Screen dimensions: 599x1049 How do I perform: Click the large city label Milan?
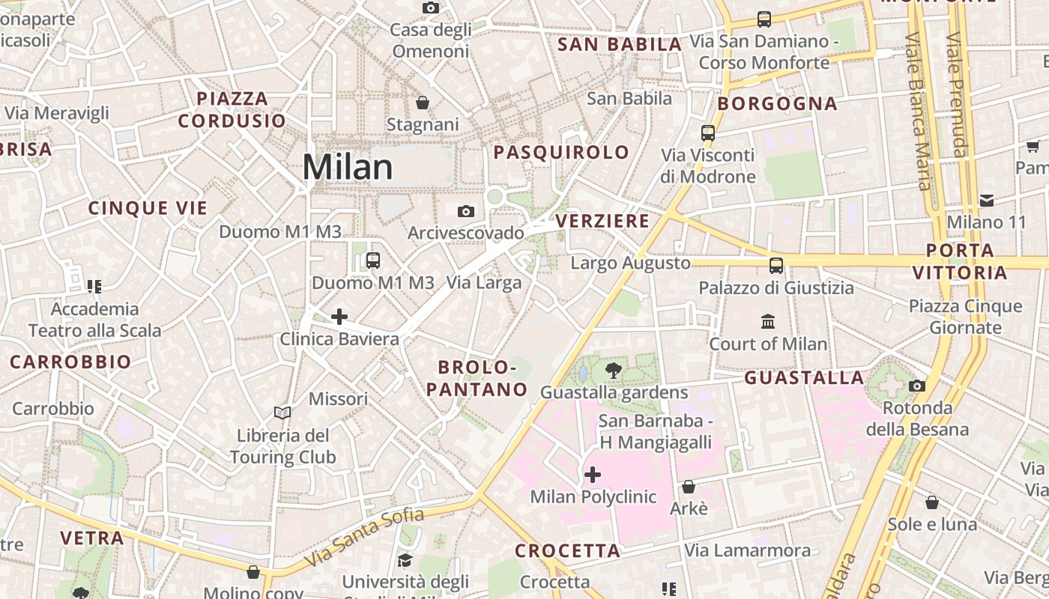click(x=348, y=167)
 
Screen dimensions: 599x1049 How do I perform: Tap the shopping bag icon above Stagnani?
click(x=423, y=103)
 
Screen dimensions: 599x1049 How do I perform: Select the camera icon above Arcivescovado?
click(x=466, y=211)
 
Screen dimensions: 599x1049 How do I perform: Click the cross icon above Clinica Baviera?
click(x=339, y=317)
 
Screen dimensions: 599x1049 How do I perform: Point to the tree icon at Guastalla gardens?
click(x=614, y=370)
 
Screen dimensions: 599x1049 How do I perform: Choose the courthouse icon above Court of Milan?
click(x=768, y=322)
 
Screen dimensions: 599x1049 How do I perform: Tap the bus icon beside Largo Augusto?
click(x=776, y=265)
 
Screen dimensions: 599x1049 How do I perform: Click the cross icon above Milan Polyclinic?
click(x=593, y=475)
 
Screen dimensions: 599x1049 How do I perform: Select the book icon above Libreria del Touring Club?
click(x=282, y=413)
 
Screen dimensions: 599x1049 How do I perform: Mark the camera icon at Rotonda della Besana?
click(x=916, y=386)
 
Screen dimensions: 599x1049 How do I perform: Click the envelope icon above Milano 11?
click(x=987, y=200)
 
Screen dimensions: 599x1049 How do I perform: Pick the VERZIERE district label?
click(x=603, y=222)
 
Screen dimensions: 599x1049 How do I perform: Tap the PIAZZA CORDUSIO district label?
click(x=232, y=109)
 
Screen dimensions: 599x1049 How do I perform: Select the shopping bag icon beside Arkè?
click(x=689, y=487)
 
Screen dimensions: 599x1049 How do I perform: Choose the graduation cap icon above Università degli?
click(x=405, y=560)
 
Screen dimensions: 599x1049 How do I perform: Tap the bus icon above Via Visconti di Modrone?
click(x=708, y=133)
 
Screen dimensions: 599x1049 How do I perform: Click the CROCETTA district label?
click(x=568, y=551)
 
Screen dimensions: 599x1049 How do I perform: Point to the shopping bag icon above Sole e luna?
click(x=932, y=502)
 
